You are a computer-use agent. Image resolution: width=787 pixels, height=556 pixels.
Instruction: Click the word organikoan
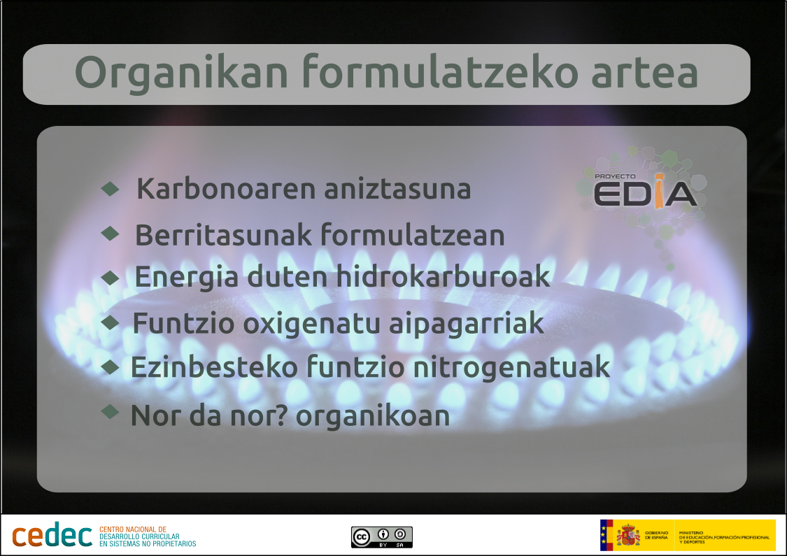pos(372,416)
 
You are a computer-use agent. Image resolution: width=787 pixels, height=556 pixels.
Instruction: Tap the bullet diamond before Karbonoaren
pos(111,188)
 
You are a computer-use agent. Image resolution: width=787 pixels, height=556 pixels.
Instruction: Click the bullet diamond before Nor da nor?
pos(111,411)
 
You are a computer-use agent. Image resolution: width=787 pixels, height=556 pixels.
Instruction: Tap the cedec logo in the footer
pos(52,536)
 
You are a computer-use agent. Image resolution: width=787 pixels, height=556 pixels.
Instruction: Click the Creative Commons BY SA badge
pos(381,536)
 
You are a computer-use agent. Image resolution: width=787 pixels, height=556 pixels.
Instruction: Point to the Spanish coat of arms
pos(628,536)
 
